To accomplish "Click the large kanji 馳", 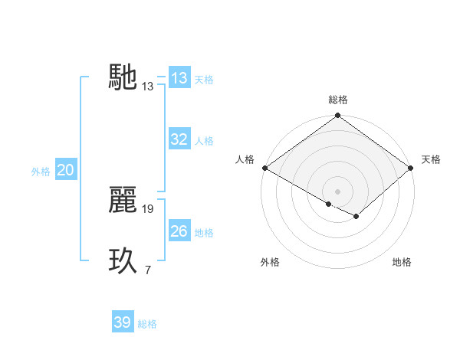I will [x=123, y=77].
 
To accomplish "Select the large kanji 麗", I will [x=123, y=200].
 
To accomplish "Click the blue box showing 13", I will [x=179, y=78].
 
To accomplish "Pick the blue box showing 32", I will [x=179, y=139].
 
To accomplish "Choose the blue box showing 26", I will [x=179, y=231].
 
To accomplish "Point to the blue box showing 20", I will [x=65, y=170].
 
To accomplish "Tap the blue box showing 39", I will [x=123, y=322].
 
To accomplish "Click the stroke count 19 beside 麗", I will [x=149, y=208].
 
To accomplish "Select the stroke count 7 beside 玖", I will [x=147, y=270].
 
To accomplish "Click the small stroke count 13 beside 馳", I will [x=148, y=87].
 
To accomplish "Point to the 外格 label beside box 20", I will [x=41, y=172].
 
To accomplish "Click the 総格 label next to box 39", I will [x=147, y=324].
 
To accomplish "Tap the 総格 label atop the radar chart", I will [x=338, y=100].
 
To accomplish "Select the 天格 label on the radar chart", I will [x=431, y=159].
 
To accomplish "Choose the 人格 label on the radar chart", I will [x=245, y=159].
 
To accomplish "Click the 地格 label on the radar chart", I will [x=402, y=262].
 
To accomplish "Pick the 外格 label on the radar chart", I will [x=270, y=262].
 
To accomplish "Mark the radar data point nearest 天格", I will [x=412, y=169].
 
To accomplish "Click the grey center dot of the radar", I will [x=338, y=191].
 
